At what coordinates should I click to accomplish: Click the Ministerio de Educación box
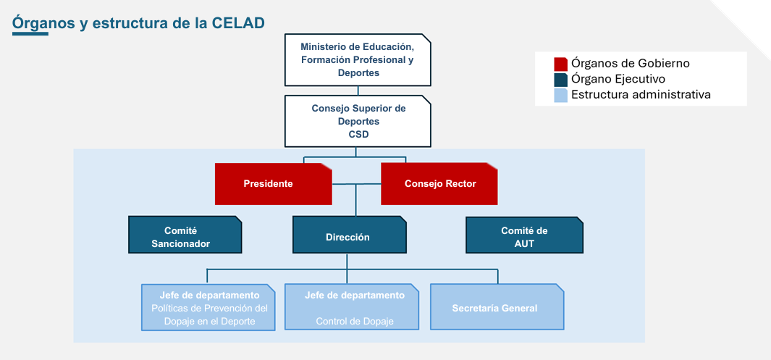tap(358, 60)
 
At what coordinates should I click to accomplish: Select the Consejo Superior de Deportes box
tap(358, 120)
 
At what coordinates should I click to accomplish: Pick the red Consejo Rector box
tap(439, 184)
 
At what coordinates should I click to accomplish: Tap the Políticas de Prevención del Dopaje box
tap(208, 308)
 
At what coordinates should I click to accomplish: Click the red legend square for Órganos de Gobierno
tap(560, 64)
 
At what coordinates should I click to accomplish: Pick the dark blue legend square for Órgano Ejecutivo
tap(560, 79)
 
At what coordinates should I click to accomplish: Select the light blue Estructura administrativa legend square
tap(560, 95)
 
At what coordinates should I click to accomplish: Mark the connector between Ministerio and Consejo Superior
tap(358, 91)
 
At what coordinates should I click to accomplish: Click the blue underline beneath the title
tap(30, 33)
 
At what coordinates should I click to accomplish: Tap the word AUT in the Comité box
tap(524, 244)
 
